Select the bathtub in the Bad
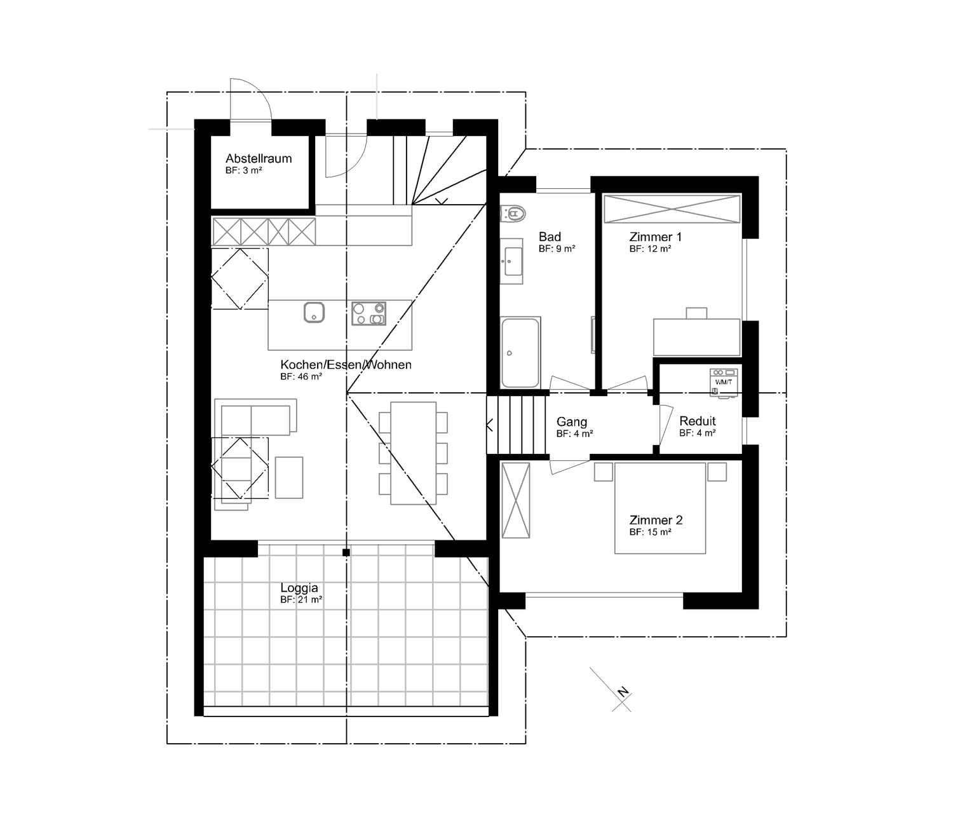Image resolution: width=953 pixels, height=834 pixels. pos(520,353)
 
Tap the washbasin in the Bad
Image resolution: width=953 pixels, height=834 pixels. pos(511,261)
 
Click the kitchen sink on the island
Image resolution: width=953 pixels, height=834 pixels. pos(314,312)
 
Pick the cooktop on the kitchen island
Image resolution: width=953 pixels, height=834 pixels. pos(368,313)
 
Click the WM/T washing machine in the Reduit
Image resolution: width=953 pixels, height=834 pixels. pos(724,383)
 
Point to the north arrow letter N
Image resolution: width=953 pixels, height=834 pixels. pos(623,692)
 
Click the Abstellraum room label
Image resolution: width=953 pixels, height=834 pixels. pos(259,158)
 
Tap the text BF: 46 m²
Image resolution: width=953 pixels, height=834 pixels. pos(301,376)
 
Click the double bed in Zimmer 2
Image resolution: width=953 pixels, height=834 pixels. pos(660,508)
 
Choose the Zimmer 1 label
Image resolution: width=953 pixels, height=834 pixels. pos(656,236)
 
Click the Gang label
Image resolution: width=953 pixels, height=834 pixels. pos(572,421)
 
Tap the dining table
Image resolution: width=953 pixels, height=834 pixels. pos(413,453)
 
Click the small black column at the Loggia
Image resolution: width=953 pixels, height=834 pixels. pos(346,552)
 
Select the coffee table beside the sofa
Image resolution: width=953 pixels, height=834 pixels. pos(289,477)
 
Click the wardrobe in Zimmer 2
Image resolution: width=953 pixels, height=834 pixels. pos(516,500)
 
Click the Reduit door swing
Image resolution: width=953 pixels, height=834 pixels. pos(666,425)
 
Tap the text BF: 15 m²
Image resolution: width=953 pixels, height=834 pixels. pos(650,532)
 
